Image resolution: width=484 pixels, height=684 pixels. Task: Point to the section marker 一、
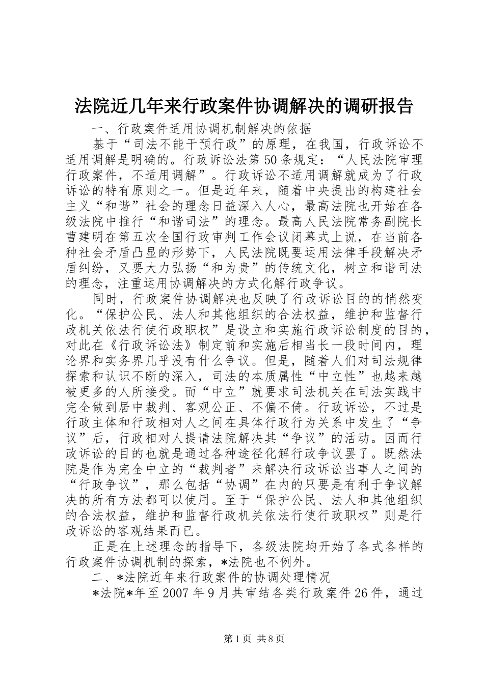click(x=100, y=127)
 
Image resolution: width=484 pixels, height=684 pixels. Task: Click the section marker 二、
click(x=100, y=577)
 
